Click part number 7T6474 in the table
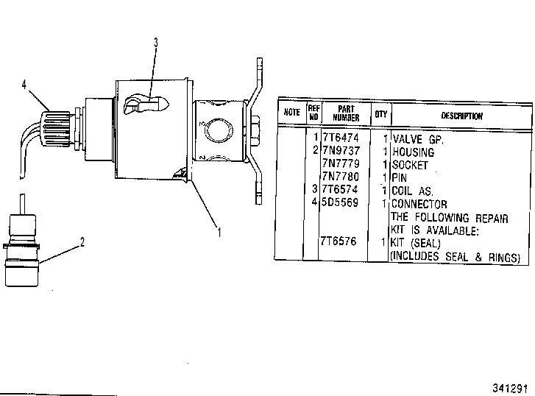tap(341, 138)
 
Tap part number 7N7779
tap(341, 163)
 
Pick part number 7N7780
tap(341, 177)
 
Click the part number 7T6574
tap(340, 189)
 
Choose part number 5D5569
tap(340, 202)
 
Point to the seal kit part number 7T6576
tap(338, 241)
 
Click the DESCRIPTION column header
tap(461, 116)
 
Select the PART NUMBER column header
tap(346, 113)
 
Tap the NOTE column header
tap(291, 113)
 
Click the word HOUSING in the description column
tap(413, 152)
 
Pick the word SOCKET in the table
tap(410, 165)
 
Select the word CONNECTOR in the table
tap(419, 204)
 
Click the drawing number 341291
tap(510, 388)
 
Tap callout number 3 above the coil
tap(155, 43)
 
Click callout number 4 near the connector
tap(24, 85)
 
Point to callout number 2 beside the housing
tap(82, 242)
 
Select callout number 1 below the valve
tap(219, 233)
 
